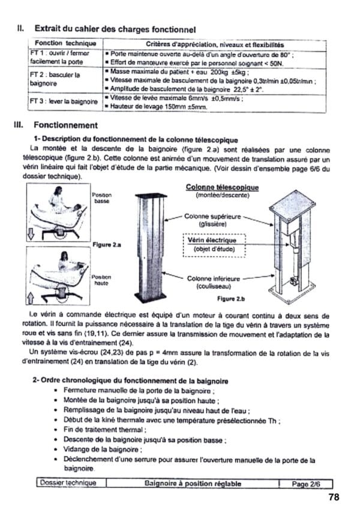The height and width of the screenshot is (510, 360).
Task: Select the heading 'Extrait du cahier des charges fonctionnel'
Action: (115, 28)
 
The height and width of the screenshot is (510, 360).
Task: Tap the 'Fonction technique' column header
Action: (65, 44)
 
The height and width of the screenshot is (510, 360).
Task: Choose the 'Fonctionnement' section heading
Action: (66, 125)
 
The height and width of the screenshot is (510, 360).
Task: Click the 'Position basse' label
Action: (101, 199)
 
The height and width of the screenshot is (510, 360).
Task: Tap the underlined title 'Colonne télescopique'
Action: (222, 188)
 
